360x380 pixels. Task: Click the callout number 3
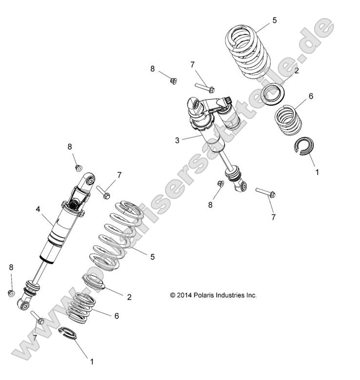[178, 140]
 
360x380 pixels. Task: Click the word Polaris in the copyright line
[207, 295]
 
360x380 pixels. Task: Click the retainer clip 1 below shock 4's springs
[68, 334]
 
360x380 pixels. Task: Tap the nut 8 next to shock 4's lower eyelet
[11, 293]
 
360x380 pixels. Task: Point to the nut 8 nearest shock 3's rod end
[220, 184]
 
